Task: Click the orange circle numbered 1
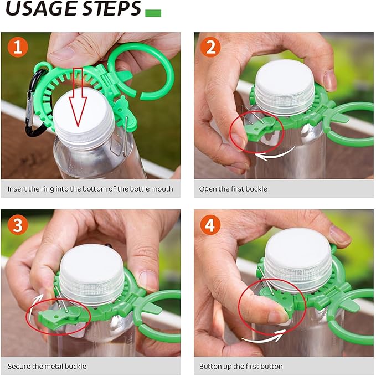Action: pos(17,48)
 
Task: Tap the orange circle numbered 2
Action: pos(210,48)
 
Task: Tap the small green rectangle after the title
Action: pos(153,13)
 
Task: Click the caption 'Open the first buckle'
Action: pos(233,189)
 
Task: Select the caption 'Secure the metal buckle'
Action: pos(47,366)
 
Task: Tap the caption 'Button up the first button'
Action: pos(241,366)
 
